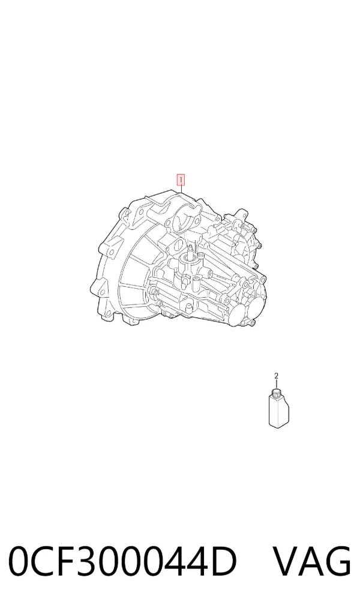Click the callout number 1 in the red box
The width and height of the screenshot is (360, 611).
tap(181, 180)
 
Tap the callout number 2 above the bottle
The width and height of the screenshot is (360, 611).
tap(276, 376)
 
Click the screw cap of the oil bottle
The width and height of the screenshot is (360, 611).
tap(277, 391)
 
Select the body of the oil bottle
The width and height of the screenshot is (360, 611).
tap(278, 410)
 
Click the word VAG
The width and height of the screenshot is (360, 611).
tap(311, 562)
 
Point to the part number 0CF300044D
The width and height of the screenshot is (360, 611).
tap(123, 562)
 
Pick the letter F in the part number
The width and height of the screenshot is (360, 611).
tap(65, 562)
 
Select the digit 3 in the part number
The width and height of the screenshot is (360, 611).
tap(88, 562)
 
